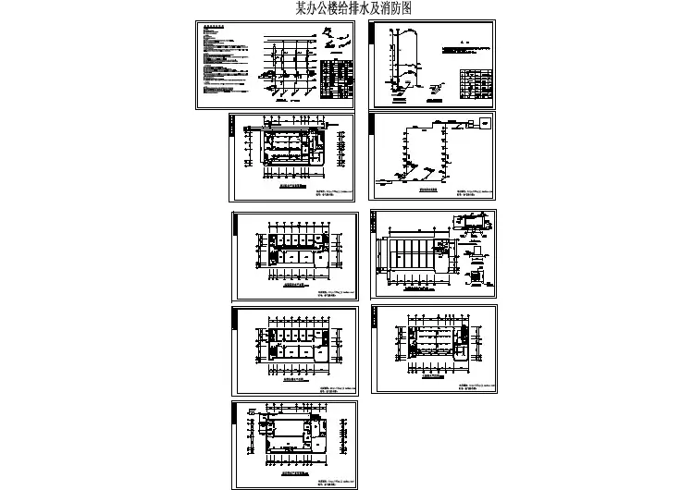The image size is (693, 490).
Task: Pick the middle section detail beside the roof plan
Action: pyautogui.click(x=475, y=251)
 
